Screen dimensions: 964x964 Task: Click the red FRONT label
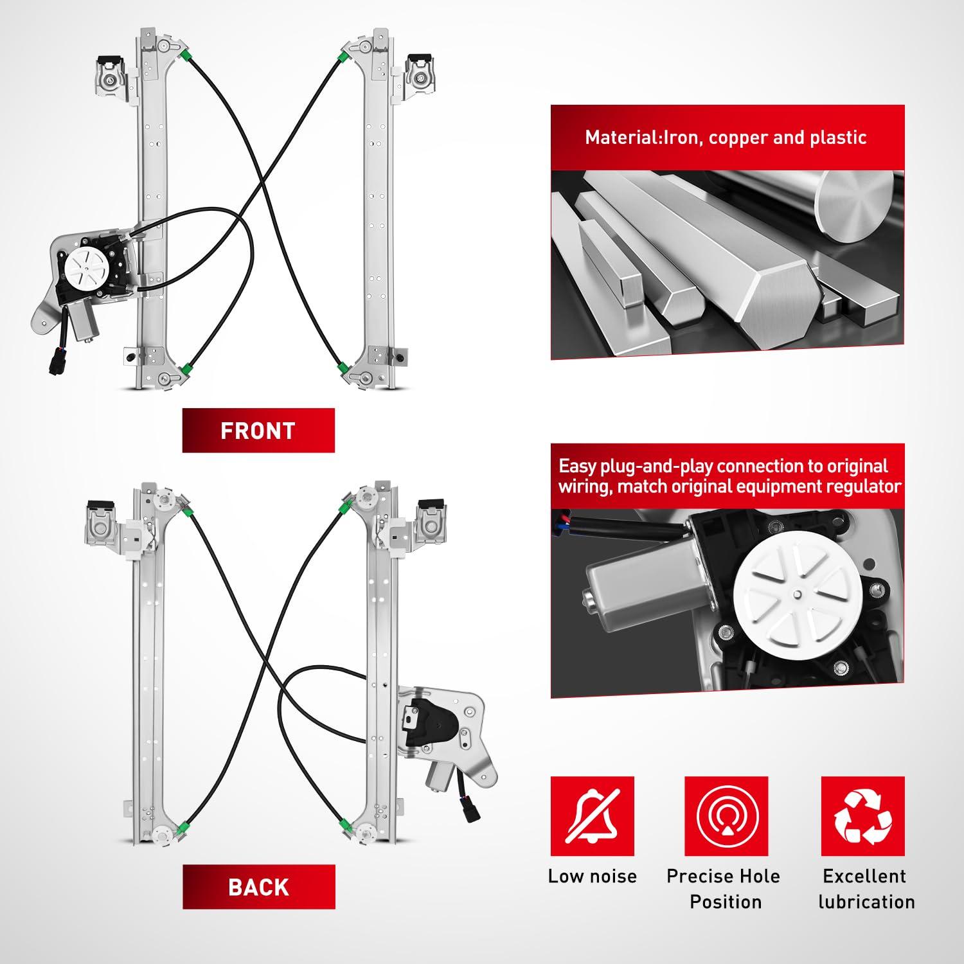pos(258,431)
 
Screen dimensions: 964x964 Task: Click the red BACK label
pos(258,887)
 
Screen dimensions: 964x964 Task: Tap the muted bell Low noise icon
pos(592,816)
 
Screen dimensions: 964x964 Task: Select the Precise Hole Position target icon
pos(726,816)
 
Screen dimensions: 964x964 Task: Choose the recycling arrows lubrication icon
pos(863,816)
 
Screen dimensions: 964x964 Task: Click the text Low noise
pos(592,876)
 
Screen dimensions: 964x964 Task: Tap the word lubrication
pos(866,902)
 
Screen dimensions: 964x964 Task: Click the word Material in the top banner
pos(619,138)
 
